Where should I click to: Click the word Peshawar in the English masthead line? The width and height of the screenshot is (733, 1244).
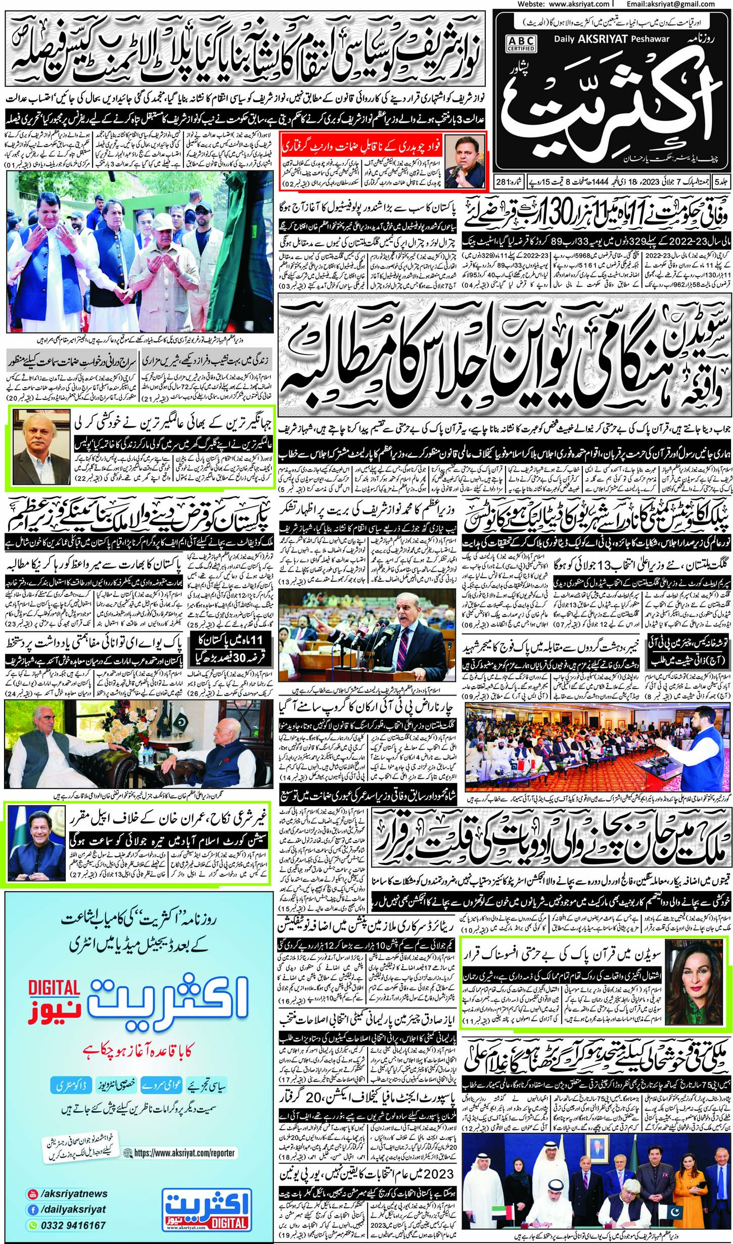[653, 38]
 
